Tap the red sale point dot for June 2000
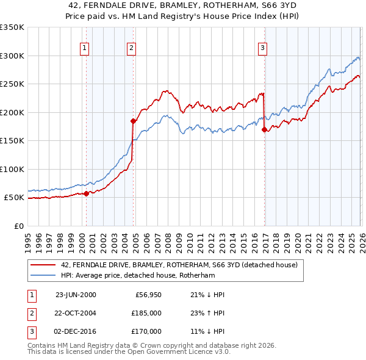point(86,193)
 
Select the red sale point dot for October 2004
point(133,121)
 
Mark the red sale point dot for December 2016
point(264,129)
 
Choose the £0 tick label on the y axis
point(19,226)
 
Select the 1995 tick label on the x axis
point(28,238)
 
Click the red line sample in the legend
point(43,265)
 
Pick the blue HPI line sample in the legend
point(43,275)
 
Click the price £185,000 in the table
point(145,313)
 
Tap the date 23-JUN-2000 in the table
point(76,295)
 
